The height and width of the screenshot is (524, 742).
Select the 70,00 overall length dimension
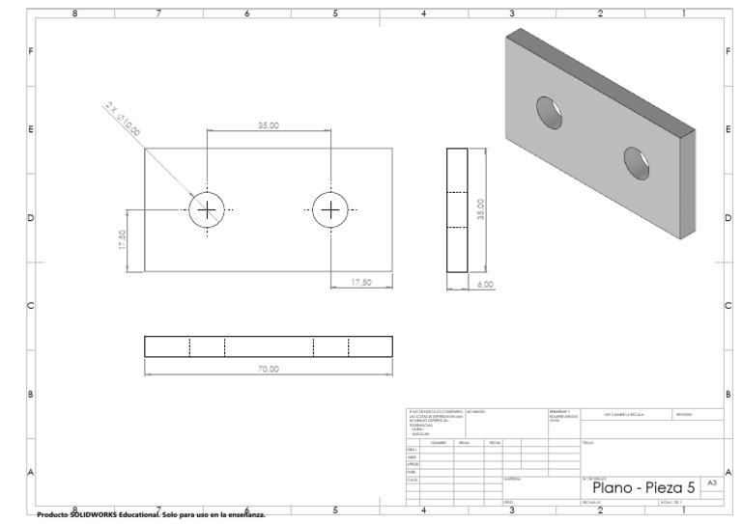pos(269,369)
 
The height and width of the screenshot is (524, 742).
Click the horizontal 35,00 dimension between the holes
pos(269,125)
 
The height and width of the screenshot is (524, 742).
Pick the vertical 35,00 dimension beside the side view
pos(480,209)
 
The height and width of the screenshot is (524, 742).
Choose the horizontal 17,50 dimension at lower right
pos(360,282)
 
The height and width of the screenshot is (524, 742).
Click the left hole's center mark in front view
pos(207,210)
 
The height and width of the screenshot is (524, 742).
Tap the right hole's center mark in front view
pos(330,210)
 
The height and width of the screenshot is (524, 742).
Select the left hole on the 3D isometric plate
pos(550,111)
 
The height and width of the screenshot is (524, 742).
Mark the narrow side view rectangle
pos(456,209)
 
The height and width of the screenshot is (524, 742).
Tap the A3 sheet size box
pos(712,482)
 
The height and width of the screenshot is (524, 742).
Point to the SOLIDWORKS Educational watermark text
pos(150,515)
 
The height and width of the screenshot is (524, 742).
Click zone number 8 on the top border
pos(74,14)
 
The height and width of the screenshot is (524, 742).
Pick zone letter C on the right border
pos(728,306)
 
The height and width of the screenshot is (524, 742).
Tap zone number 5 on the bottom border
pos(335,509)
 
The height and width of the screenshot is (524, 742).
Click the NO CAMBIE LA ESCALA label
pos(626,414)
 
